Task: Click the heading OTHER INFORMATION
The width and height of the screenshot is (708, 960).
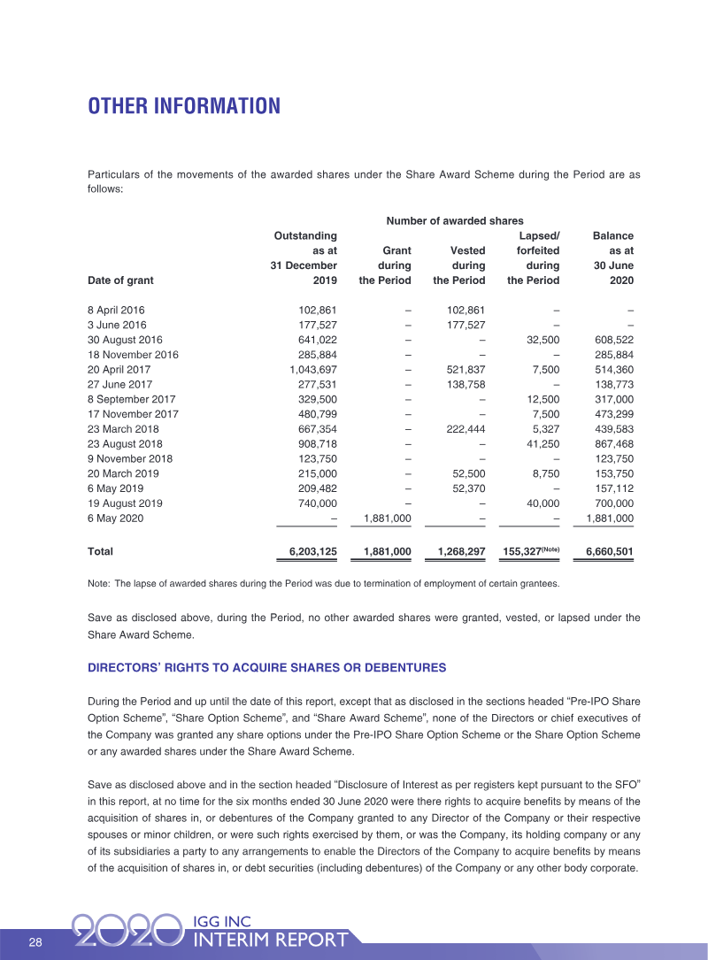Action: (183, 107)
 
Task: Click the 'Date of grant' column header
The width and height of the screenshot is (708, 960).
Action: (120, 280)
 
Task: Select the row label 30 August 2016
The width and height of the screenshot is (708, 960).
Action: (125, 339)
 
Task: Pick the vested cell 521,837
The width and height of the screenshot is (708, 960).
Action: (463, 369)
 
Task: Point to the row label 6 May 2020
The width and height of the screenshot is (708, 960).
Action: (115, 519)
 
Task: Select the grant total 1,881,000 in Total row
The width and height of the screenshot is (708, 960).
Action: (381, 551)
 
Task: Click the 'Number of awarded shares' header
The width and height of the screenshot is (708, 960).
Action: (454, 220)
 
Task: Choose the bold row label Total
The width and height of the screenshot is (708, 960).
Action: (100, 551)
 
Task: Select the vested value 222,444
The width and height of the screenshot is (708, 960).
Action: (463, 429)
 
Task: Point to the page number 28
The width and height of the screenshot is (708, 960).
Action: (35, 942)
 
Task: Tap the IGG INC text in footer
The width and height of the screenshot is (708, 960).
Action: (223, 922)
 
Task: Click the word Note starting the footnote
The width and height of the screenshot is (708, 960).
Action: (97, 584)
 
